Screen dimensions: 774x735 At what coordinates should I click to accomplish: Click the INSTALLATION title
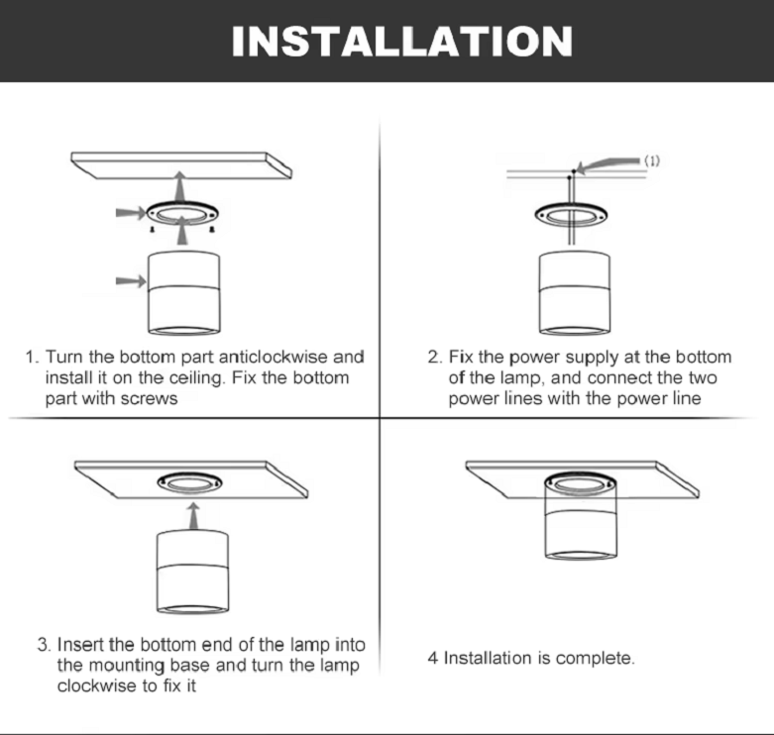[x=401, y=42]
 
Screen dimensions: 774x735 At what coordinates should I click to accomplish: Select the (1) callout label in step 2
[x=652, y=160]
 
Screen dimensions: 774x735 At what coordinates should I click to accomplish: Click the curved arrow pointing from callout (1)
[x=608, y=164]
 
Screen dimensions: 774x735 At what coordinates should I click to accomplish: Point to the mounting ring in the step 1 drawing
[x=182, y=214]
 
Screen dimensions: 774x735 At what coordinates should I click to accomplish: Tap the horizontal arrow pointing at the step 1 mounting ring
[x=131, y=213]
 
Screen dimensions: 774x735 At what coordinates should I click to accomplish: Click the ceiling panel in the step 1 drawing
[x=181, y=165]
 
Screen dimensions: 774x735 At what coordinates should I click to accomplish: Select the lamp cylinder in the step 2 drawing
[x=574, y=293]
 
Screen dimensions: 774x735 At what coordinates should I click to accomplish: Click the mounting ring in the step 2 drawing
[x=571, y=214]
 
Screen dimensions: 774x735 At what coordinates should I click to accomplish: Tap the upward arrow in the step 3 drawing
[x=194, y=516]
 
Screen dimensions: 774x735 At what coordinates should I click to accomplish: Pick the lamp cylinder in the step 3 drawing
[x=192, y=572]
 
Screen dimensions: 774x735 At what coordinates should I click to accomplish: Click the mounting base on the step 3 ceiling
[x=189, y=482]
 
